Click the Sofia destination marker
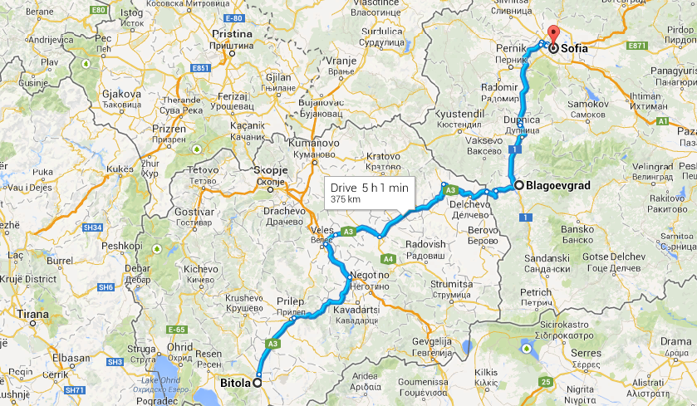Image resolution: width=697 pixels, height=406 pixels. (x=553, y=48)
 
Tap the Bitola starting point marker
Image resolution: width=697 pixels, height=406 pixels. (x=257, y=382)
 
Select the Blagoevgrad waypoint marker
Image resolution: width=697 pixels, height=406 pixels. (x=518, y=185)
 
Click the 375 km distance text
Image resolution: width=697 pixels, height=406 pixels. (x=345, y=200)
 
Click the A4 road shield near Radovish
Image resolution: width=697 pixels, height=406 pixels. (x=388, y=258)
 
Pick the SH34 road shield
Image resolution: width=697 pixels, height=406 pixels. (x=92, y=227)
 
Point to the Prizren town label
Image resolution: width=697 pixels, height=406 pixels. (x=166, y=130)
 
